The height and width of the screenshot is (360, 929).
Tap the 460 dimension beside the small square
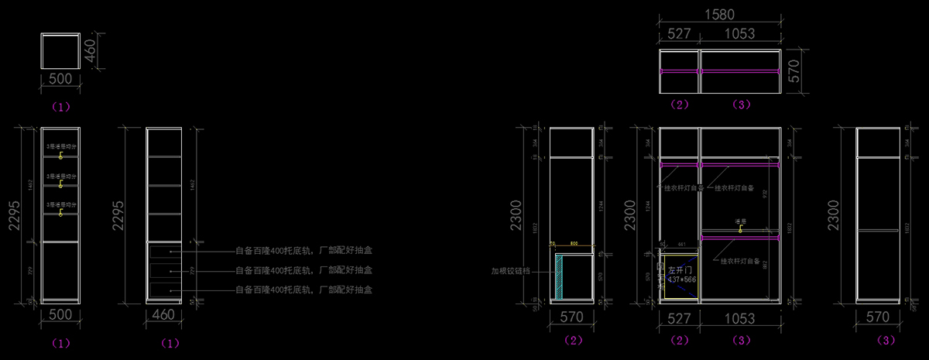tap(91, 52)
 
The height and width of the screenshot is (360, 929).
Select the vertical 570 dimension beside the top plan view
tap(792, 72)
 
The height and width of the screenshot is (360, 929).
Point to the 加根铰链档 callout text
tap(516, 272)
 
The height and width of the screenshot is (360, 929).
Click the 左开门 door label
tap(681, 269)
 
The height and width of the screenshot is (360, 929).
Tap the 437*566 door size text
tap(682, 279)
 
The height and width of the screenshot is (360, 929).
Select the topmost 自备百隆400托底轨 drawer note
tap(303, 251)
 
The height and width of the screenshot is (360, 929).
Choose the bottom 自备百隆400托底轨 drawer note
tap(303, 290)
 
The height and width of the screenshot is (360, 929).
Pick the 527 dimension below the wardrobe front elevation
tap(679, 317)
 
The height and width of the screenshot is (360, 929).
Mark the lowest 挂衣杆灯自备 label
tap(740, 262)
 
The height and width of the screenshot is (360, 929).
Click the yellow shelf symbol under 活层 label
tap(740, 229)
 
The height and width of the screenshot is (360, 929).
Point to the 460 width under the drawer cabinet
tap(164, 315)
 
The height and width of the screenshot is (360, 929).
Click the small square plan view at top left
tap(60, 52)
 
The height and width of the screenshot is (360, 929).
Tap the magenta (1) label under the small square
tap(60, 106)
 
